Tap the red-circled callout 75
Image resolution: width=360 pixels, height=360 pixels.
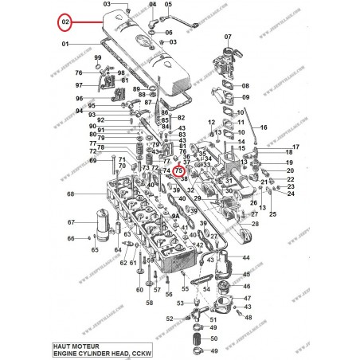point(179,170)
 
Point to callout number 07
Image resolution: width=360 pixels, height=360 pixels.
point(228,37)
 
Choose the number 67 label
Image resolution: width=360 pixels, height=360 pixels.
point(70,222)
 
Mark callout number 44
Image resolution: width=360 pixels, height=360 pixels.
point(246,258)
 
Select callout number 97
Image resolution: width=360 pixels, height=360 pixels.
point(79,84)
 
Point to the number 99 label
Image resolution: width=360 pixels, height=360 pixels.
point(97,60)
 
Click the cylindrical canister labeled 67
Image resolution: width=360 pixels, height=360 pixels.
point(101,222)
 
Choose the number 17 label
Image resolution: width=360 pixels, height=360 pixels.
point(295,146)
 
